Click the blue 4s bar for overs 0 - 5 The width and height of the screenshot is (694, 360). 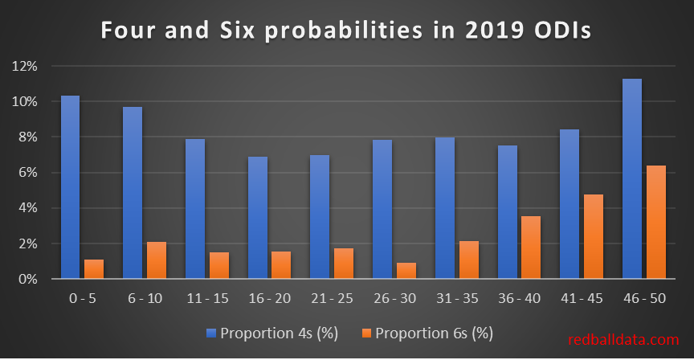[70, 187]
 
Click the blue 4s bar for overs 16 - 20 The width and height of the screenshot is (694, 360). [258, 218]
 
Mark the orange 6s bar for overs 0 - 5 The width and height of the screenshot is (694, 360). [95, 269]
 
